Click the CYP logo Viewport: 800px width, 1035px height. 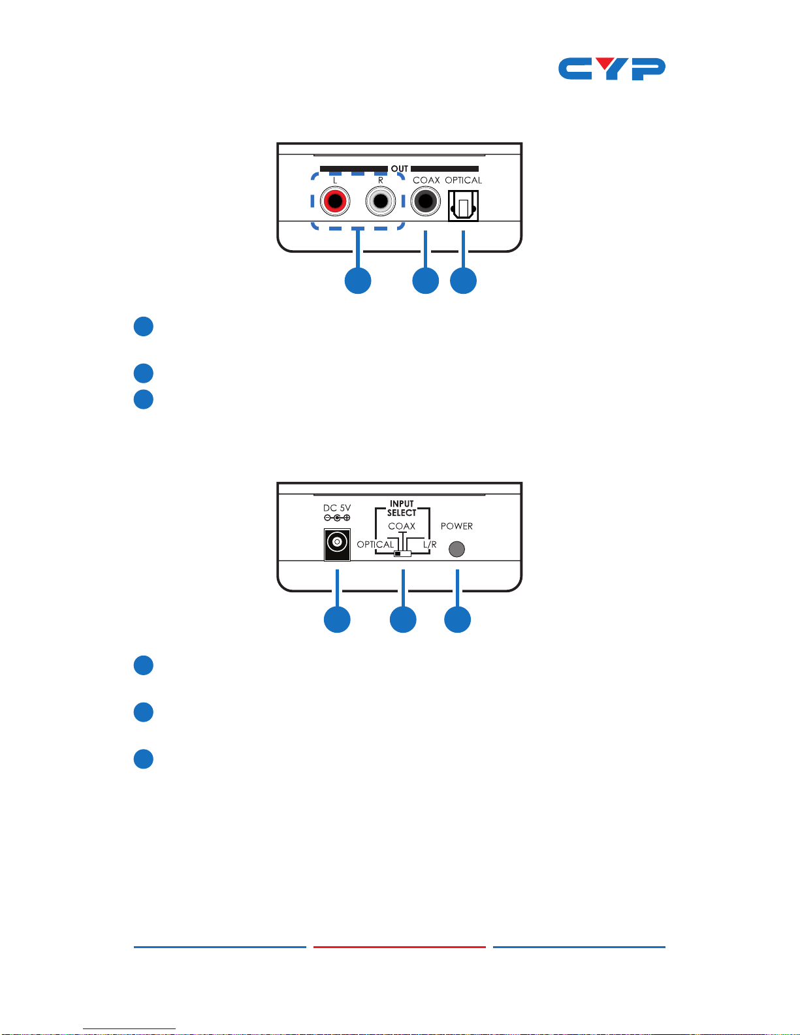pos(611,69)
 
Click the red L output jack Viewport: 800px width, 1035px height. pos(335,201)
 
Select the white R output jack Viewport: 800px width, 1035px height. pos(381,201)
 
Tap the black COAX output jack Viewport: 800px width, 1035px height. pos(425,201)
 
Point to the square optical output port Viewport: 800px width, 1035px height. pos(463,206)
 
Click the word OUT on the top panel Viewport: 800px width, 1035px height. pos(399,168)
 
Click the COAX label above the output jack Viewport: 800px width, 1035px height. pos(426,180)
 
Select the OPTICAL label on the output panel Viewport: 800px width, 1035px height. pos(463,180)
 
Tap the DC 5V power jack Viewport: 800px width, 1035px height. pos(337,545)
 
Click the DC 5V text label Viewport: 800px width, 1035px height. pos(337,508)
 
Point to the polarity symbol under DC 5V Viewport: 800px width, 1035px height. pos(337,518)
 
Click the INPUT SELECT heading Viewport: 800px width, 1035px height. pos(402,508)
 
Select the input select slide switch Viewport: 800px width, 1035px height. pos(403,554)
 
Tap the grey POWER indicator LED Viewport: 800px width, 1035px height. pos(456,549)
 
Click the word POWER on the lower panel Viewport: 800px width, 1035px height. pos(456,526)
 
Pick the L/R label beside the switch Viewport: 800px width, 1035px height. pos(430,545)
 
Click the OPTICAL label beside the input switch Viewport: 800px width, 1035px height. pos(376,545)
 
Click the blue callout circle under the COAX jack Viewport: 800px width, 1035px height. pos(425,281)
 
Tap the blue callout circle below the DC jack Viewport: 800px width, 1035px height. pos(337,619)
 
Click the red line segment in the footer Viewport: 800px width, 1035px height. pos(400,947)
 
